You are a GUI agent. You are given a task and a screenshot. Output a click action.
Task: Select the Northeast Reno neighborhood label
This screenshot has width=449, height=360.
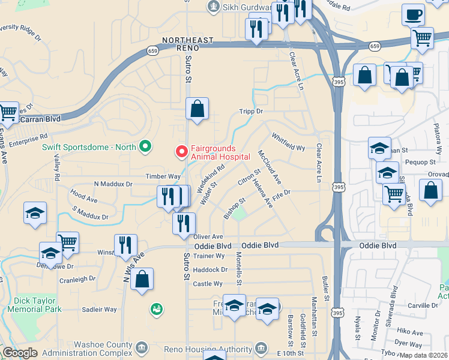187,40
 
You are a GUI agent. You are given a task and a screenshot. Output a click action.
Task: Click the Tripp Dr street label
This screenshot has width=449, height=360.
251,112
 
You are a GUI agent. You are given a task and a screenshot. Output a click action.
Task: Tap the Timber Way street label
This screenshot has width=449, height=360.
163,176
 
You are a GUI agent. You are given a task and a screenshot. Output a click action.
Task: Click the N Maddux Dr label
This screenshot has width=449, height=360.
113,184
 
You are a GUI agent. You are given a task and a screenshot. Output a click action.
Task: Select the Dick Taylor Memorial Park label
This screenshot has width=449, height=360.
34,305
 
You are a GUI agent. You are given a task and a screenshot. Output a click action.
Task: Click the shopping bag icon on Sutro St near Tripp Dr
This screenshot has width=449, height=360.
197,110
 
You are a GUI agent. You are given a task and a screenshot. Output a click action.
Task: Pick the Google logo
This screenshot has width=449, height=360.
20,353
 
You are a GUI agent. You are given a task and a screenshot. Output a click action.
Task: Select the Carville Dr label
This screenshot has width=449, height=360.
423,305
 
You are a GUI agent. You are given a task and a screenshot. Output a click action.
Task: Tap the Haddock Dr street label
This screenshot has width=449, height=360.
211,270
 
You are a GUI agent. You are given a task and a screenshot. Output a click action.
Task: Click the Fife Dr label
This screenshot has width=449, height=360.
281,195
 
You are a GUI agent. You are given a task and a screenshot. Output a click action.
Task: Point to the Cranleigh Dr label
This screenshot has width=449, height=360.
77,279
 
